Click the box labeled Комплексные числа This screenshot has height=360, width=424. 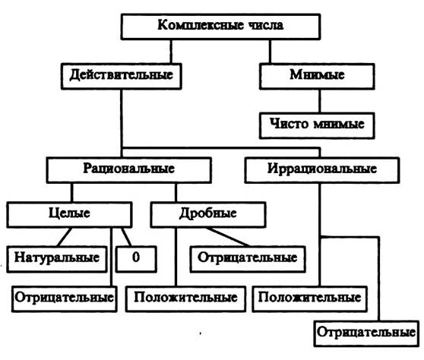coord(220,27)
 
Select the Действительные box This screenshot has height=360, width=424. coord(121,76)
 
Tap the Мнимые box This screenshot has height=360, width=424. coord(317,76)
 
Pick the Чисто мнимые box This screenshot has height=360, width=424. coord(317,125)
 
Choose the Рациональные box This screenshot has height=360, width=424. coord(128,170)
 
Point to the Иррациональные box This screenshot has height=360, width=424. coord(321,170)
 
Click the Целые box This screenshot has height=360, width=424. coord(69,215)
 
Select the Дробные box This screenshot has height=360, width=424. coord(208,215)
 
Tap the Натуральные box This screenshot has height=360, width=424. coord(57,259)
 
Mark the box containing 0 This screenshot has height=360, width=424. coord(136,259)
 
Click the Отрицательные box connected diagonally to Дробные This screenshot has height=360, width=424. coord(248,259)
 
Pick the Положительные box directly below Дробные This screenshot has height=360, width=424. coord(185,299)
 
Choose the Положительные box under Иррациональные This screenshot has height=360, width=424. coord(309,299)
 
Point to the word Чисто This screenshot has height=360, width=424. coord(289,124)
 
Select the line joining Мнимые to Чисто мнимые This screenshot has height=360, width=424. coord(320,101)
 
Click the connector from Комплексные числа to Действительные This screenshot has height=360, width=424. coord(171,52)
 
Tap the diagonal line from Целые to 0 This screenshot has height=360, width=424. coord(127,237)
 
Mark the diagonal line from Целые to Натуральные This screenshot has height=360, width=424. coord(65,237)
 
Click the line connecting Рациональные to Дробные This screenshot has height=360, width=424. coord(176,192)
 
